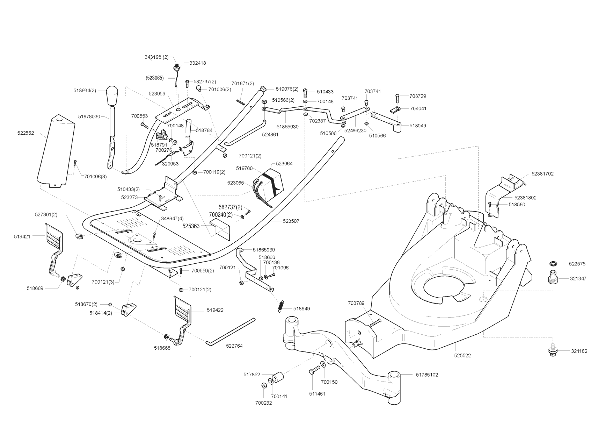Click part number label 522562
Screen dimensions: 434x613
(25, 133)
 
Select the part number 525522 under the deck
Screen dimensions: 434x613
(462, 356)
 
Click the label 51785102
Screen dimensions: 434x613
(427, 375)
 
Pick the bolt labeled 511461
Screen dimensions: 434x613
(313, 371)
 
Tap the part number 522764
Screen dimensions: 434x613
(234, 346)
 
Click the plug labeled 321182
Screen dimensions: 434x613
(553, 351)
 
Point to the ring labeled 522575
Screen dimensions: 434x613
(553, 263)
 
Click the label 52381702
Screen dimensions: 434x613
(542, 174)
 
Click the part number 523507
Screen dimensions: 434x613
(291, 221)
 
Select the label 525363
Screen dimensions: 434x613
(191, 226)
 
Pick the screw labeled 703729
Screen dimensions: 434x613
(397, 97)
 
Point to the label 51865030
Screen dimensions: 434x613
(287, 127)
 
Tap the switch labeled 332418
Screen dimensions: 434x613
(178, 66)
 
